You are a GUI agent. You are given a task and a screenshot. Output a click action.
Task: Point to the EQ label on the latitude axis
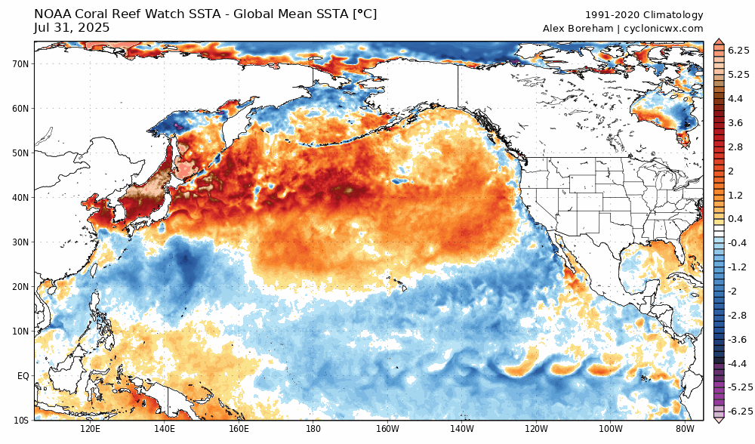point(23,375)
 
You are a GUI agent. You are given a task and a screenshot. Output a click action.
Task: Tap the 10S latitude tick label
point(21,420)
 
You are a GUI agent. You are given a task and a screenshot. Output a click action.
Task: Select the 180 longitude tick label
point(313,429)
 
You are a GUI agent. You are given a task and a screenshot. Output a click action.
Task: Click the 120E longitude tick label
point(90,429)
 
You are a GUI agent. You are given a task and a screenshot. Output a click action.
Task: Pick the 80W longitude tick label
point(685,429)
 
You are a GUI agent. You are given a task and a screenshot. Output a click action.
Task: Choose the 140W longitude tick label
point(461,429)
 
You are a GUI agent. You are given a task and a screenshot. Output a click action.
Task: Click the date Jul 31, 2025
point(72,28)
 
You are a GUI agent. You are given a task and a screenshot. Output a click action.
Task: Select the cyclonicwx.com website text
point(664,29)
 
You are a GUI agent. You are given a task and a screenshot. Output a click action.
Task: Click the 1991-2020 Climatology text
point(644,15)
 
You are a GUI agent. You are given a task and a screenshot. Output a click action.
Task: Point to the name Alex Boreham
point(576,29)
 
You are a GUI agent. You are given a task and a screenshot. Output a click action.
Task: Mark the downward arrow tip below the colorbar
point(718,421)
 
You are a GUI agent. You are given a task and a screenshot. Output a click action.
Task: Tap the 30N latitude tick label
point(20,242)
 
